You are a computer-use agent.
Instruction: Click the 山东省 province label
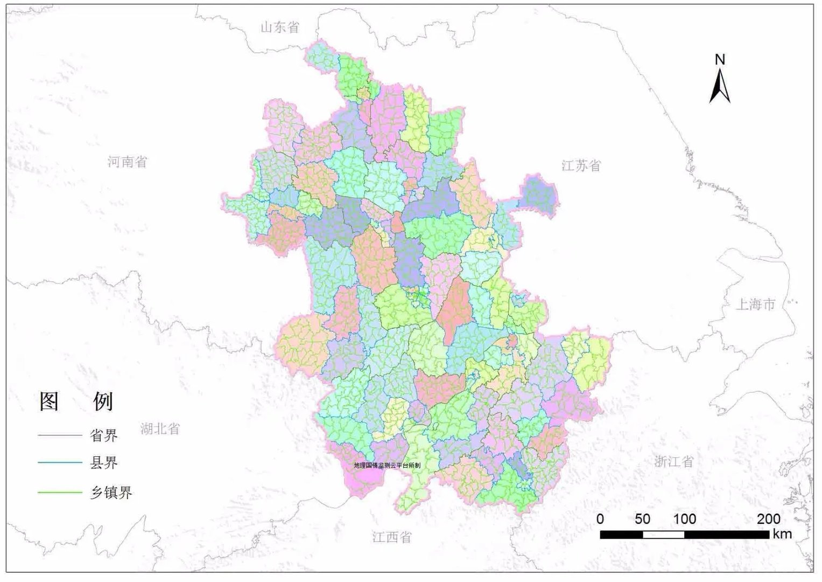pyautogui.click(x=279, y=27)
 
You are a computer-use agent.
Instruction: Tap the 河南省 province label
pyautogui.click(x=127, y=161)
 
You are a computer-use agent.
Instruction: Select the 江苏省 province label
pyautogui.click(x=581, y=165)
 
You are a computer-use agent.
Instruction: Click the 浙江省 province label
pyautogui.click(x=674, y=461)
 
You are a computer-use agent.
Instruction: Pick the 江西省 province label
pyautogui.click(x=392, y=537)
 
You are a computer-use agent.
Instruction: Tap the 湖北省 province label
pyautogui.click(x=160, y=429)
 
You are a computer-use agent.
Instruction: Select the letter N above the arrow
pyautogui.click(x=720, y=59)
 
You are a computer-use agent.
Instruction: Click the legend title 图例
pyautogui.click(x=76, y=401)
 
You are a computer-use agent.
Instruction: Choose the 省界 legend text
pyautogui.click(x=103, y=435)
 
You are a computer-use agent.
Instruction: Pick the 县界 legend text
pyautogui.click(x=103, y=463)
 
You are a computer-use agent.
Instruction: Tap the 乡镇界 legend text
pyautogui.click(x=111, y=492)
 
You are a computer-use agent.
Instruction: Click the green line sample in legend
pyautogui.click(x=59, y=492)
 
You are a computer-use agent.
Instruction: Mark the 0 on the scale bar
pyautogui.click(x=600, y=519)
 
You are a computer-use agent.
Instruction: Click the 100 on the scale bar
pyautogui.click(x=685, y=519)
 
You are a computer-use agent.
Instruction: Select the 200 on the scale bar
pyautogui.click(x=768, y=519)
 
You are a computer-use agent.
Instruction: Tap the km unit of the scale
pyautogui.click(x=782, y=533)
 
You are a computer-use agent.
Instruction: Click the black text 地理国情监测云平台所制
pyautogui.click(x=387, y=465)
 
